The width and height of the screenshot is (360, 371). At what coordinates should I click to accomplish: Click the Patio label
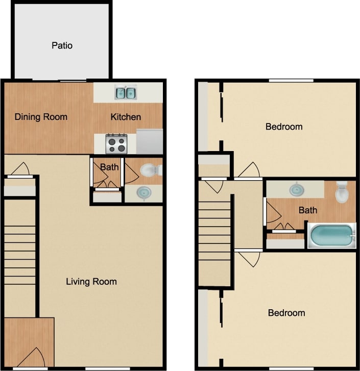62,45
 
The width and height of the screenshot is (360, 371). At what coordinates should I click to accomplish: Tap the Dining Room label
41,117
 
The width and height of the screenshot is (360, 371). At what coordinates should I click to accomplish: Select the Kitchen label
126,117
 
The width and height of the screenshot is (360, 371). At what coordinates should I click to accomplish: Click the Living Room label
91,281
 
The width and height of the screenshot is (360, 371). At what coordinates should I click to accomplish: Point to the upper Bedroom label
284,127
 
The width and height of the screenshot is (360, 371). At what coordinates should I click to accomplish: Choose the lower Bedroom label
286,313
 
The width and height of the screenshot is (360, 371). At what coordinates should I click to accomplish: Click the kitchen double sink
125,93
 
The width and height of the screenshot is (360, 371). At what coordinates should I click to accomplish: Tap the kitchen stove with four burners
116,143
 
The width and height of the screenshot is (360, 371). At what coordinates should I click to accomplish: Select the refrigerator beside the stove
150,141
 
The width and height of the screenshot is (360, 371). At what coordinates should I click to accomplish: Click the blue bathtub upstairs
332,236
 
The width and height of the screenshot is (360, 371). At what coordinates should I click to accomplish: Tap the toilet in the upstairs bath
342,193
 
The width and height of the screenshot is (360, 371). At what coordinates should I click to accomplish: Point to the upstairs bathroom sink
296,190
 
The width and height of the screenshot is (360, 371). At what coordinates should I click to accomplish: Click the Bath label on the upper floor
308,210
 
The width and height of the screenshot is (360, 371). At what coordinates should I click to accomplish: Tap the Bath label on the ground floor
109,167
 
